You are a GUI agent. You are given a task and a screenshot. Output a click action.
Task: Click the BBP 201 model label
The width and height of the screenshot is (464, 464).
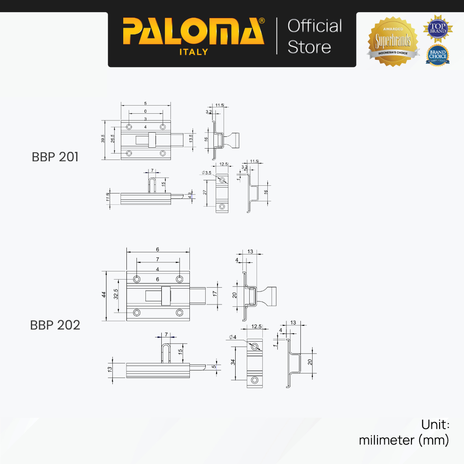tap(55, 157)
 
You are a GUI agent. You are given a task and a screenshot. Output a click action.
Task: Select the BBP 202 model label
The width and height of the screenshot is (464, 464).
tap(55, 325)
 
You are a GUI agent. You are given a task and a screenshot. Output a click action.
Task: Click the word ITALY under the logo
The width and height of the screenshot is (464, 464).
tap(193, 52)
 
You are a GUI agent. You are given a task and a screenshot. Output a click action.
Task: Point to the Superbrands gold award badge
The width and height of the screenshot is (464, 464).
tap(392, 42)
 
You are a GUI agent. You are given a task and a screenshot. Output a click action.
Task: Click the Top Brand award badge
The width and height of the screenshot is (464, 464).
tap(438, 27)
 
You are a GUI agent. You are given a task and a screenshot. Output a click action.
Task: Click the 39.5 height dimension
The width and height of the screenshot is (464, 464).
tap(103, 140)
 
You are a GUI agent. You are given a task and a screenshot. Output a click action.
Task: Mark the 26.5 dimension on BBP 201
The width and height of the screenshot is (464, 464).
tap(112, 140)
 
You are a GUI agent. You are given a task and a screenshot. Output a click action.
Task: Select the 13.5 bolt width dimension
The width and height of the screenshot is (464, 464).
tap(191, 139)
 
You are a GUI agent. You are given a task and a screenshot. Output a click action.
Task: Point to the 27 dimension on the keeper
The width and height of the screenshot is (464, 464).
tap(206, 193)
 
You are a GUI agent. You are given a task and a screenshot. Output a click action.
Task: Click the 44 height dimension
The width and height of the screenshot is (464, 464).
tap(104, 295)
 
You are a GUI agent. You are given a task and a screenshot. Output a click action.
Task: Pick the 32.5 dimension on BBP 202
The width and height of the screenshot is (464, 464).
tap(116, 295)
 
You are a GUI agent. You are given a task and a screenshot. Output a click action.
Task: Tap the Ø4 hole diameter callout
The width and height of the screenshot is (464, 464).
tap(233, 337)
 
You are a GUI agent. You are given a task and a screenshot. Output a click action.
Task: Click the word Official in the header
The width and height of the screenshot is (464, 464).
tap(314, 26)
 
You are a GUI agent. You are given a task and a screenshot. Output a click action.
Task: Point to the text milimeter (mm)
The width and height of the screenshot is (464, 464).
tap(404, 440)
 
